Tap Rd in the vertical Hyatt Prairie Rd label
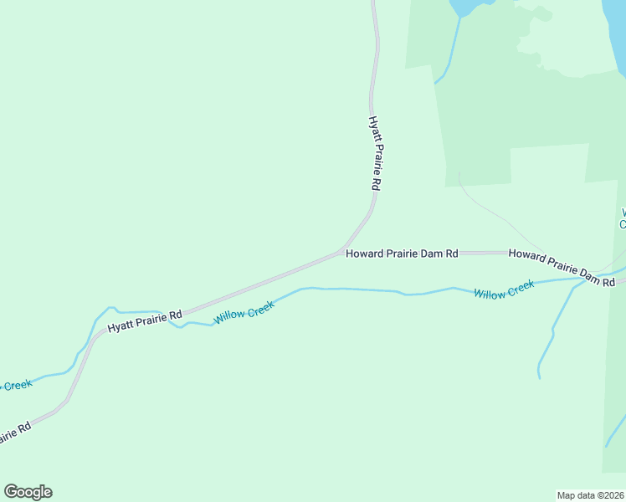377,182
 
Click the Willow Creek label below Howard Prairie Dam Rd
504,290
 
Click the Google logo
28,492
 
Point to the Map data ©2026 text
590,495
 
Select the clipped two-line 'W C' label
622,218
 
